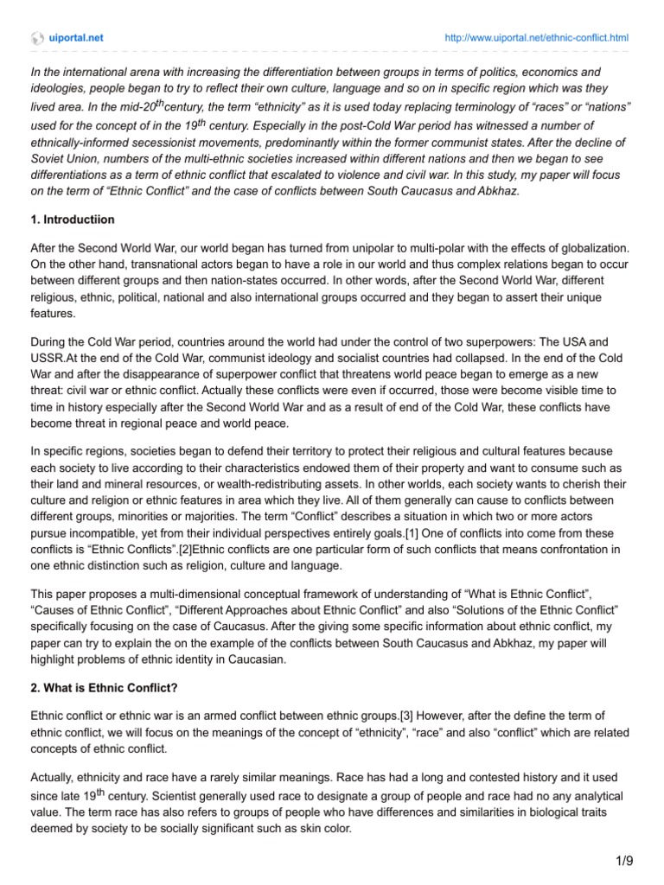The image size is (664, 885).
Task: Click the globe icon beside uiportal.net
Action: tap(36, 38)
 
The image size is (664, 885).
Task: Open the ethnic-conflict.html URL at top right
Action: tap(536, 38)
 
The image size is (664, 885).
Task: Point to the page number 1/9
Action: tap(625, 863)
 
